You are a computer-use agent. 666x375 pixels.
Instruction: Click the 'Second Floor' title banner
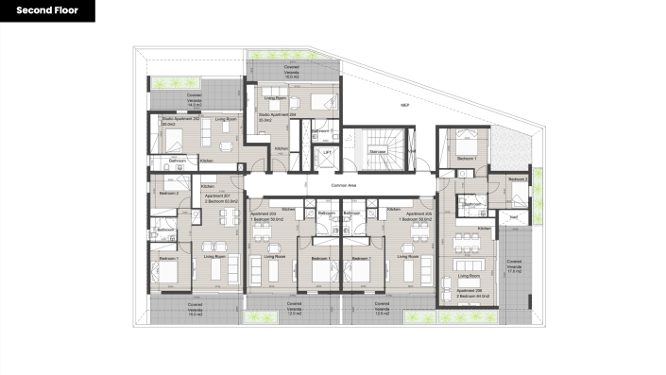[x=47, y=11]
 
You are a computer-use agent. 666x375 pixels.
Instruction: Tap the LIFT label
[x=326, y=151]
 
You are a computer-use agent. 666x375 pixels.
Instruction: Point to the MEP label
[x=403, y=104]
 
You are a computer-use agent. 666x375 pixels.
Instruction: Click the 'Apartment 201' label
[x=218, y=198]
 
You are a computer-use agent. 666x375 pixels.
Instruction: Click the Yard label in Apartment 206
[x=514, y=216]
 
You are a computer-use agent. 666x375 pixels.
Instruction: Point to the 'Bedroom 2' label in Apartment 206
[x=517, y=179]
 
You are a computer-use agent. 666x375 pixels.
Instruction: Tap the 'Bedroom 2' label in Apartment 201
[x=169, y=193]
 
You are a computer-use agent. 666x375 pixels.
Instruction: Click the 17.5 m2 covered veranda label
[x=515, y=265]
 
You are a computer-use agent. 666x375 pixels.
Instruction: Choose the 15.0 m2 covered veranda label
[x=292, y=72]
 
